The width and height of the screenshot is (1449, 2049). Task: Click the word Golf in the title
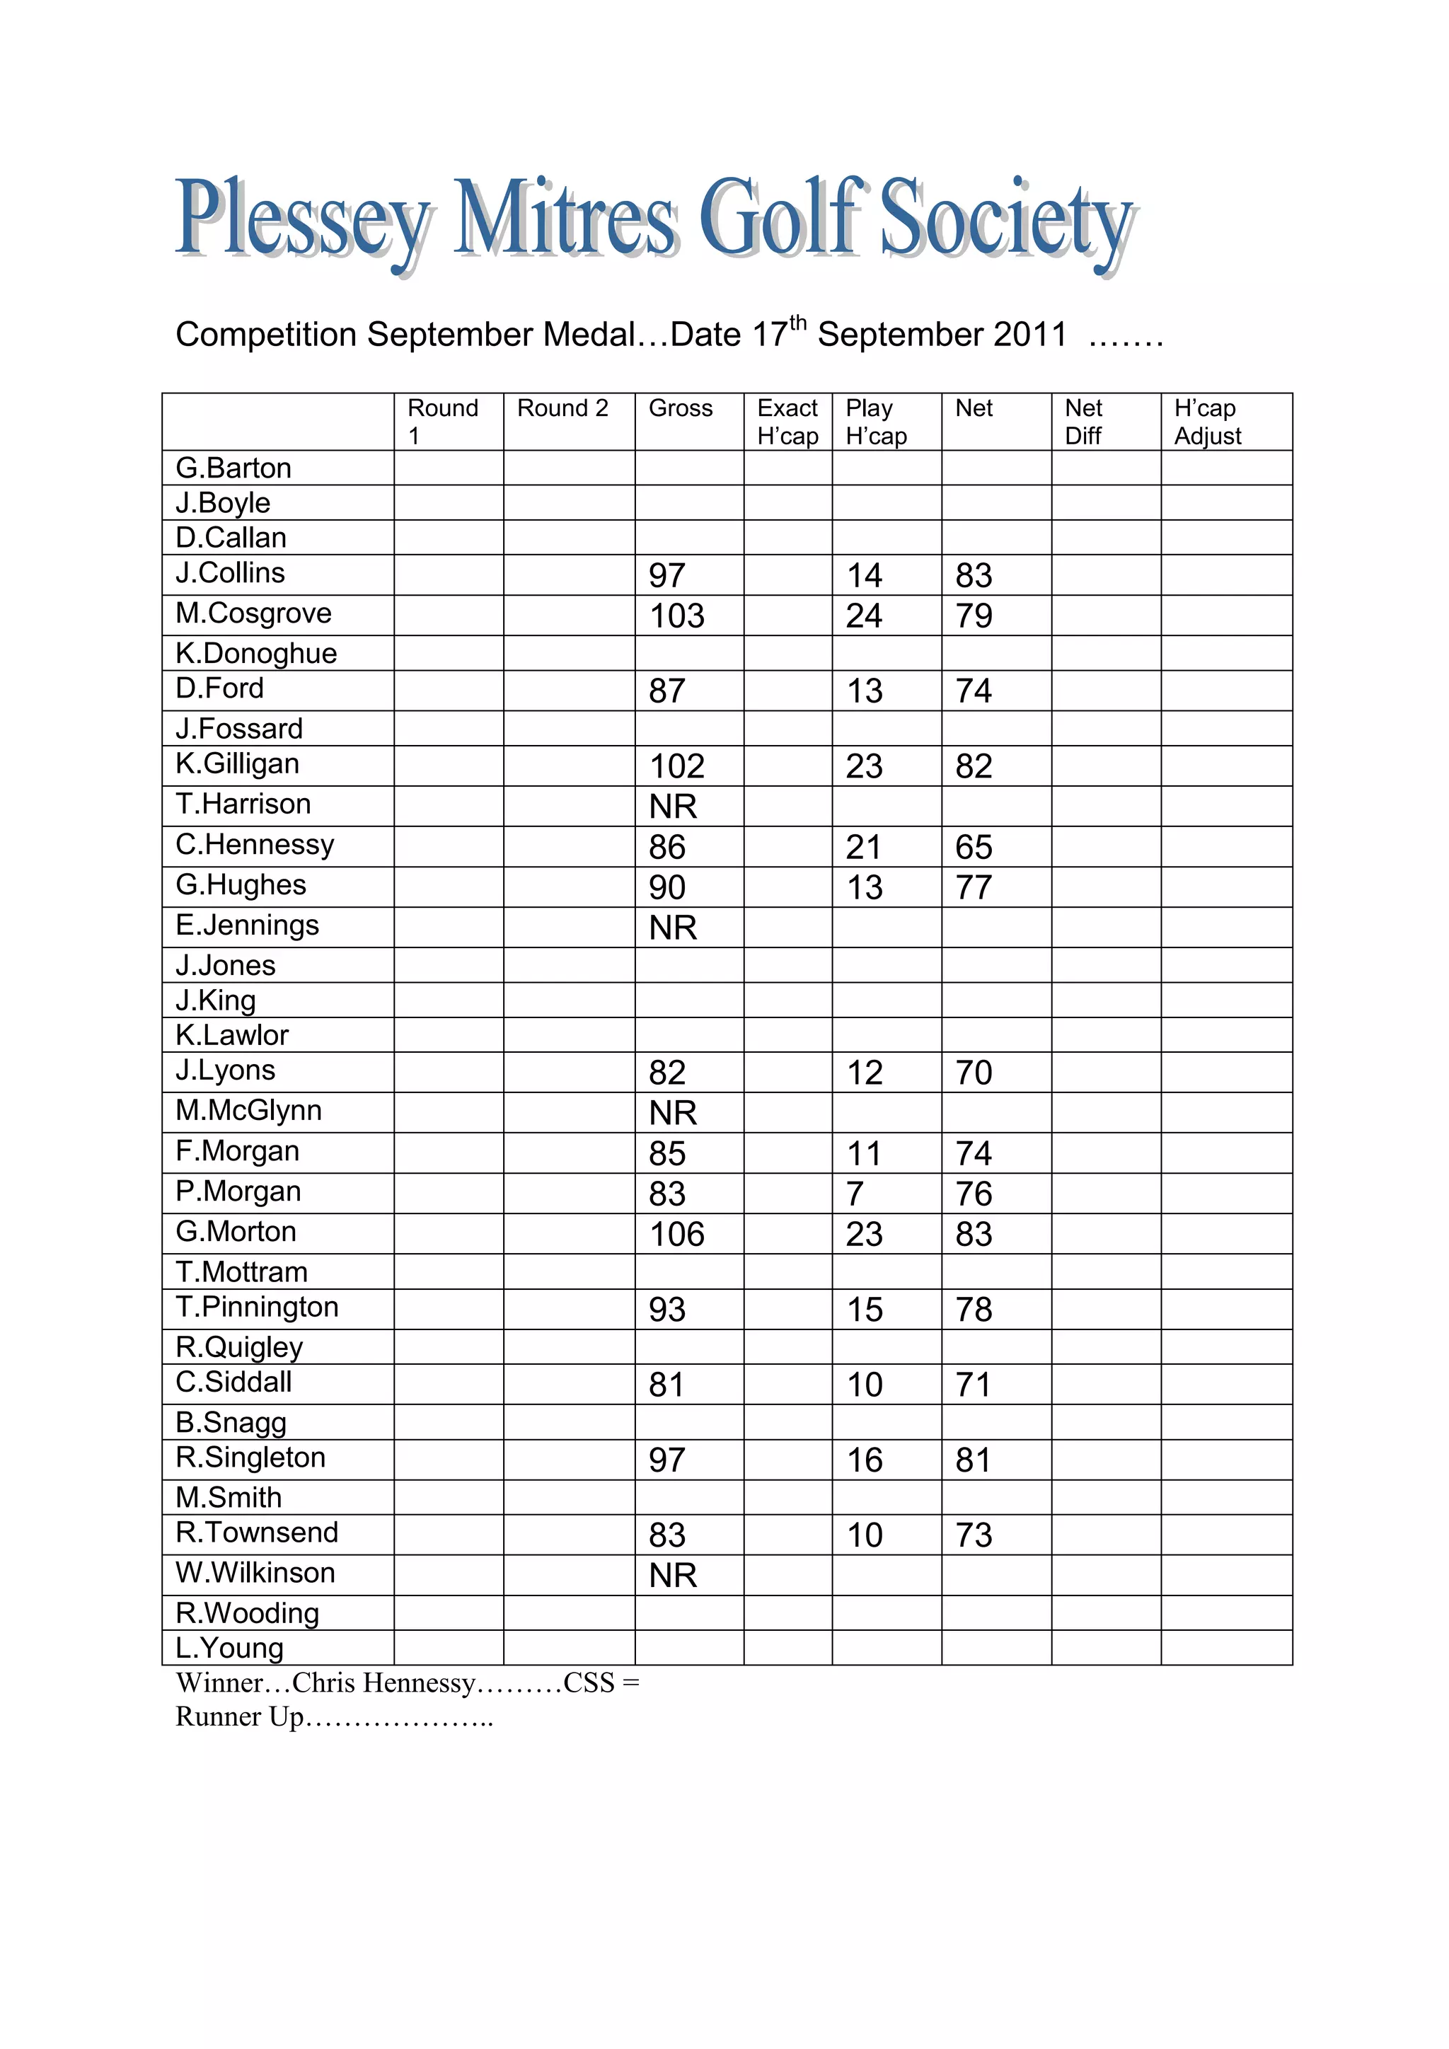coord(783,219)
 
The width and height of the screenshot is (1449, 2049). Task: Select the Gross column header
coord(680,409)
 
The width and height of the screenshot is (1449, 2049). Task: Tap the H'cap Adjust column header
coord(1207,421)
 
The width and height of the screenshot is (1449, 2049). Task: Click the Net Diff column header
coord(1083,421)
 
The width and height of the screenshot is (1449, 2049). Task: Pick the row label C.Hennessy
coord(255,844)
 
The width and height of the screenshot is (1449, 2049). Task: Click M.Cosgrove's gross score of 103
coord(676,616)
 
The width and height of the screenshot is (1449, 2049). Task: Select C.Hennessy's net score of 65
coord(974,847)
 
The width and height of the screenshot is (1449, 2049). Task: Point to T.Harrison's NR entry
coord(673,807)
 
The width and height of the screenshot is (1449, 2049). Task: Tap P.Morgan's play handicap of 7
coord(855,1194)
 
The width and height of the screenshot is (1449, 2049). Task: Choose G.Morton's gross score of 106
coord(676,1234)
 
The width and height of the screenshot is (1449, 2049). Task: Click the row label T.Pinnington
coord(257,1308)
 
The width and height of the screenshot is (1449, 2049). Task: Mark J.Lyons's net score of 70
coord(974,1073)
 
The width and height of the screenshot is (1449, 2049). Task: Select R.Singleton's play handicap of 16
coord(865,1460)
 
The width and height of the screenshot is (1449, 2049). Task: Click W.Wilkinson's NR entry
coord(673,1576)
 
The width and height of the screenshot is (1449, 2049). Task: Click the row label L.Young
coord(229,1649)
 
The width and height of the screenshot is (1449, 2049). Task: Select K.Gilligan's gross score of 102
coord(676,766)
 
